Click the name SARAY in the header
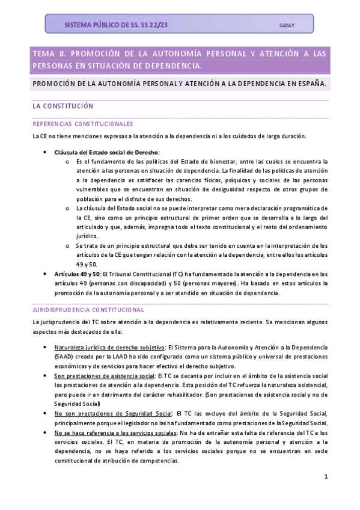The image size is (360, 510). tap(287, 25)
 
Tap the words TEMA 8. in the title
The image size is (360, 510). tap(49, 54)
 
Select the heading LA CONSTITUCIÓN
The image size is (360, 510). tap(63, 106)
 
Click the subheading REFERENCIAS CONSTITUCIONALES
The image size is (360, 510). tap(83, 124)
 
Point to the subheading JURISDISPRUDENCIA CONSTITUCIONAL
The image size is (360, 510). tap(88, 310)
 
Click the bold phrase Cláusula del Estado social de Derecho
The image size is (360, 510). tap(107, 153)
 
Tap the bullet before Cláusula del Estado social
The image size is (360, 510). tap(46, 153)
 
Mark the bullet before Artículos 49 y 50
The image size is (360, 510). tap(46, 274)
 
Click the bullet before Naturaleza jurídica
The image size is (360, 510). tap(46, 348)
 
